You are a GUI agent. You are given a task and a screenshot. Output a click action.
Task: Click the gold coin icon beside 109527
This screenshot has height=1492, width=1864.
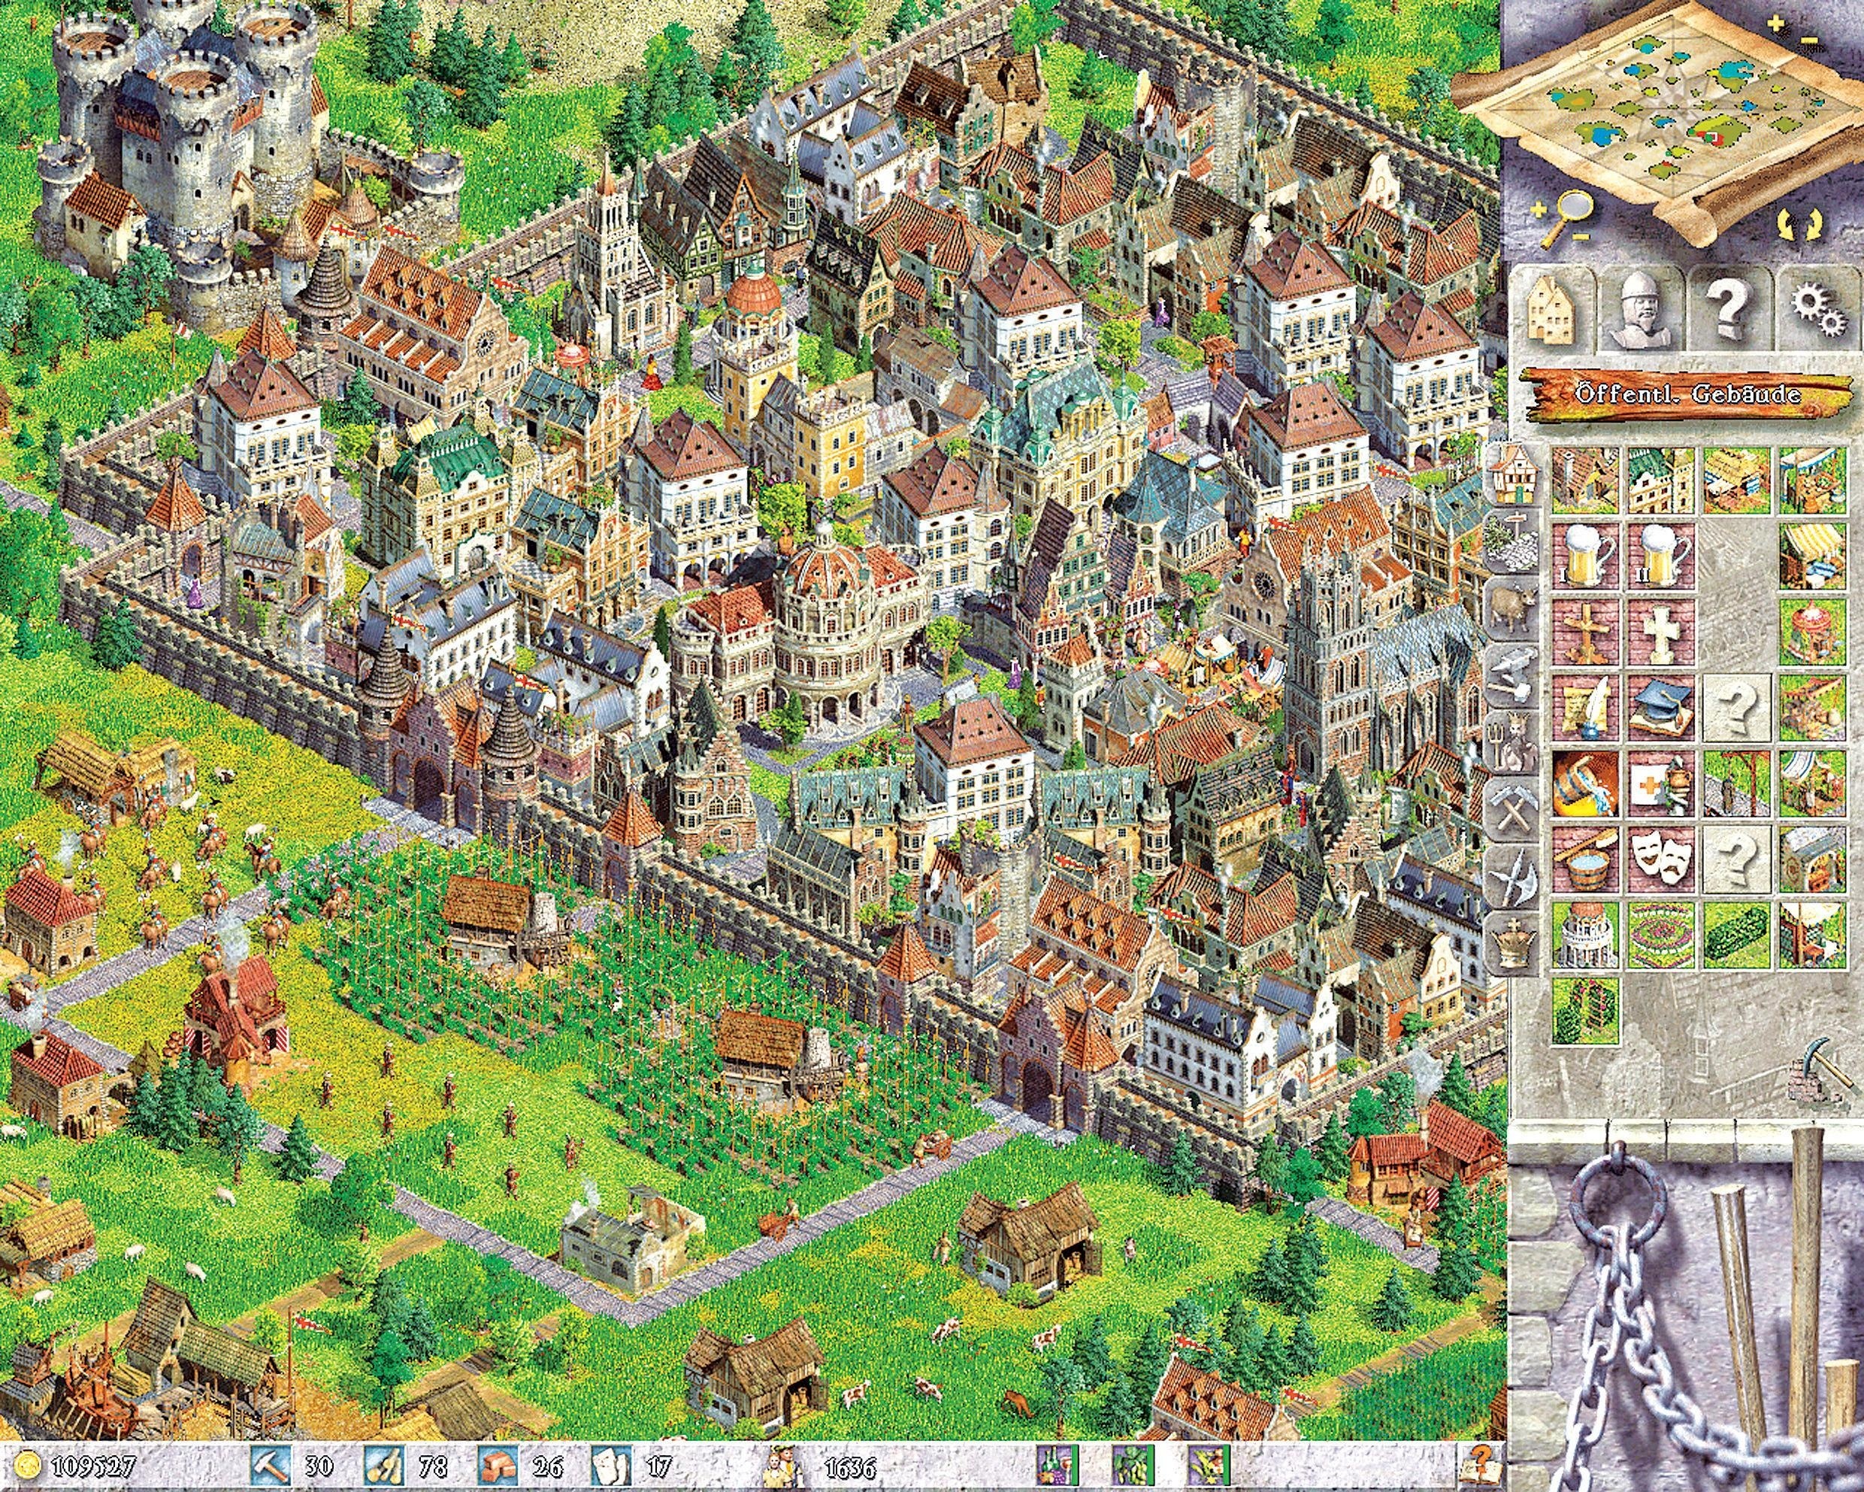tap(32, 1465)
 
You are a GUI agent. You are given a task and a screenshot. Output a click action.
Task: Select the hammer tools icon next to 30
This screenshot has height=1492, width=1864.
tap(265, 1465)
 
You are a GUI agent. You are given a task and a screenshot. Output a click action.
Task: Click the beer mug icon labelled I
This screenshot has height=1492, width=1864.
tap(1586, 553)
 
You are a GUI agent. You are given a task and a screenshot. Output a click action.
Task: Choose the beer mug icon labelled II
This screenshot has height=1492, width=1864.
tap(1661, 553)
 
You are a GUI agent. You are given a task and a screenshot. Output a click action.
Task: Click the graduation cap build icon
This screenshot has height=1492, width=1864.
tap(1661, 706)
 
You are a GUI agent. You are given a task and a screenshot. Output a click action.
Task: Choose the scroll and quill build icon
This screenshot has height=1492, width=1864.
tap(1586, 706)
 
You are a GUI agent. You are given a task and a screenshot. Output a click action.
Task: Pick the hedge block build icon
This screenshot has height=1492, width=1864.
tap(1736, 934)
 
